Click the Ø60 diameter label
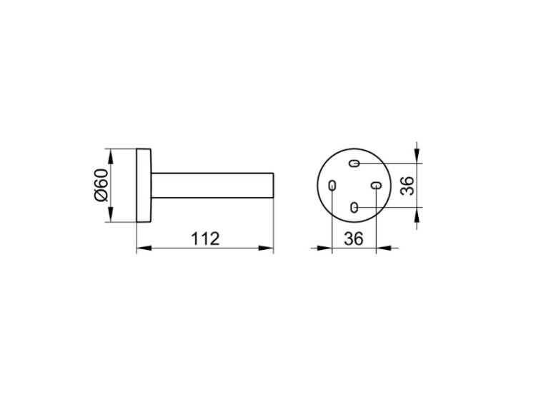click(102, 185)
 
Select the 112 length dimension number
click(205, 238)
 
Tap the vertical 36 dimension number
click(407, 186)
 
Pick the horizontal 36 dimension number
click(354, 238)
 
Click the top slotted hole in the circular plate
click(354, 164)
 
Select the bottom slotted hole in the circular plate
click(354, 207)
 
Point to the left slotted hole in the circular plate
click(332, 186)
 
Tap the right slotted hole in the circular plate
click(376, 186)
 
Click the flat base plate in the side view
click(144, 186)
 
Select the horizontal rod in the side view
click(212, 186)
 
